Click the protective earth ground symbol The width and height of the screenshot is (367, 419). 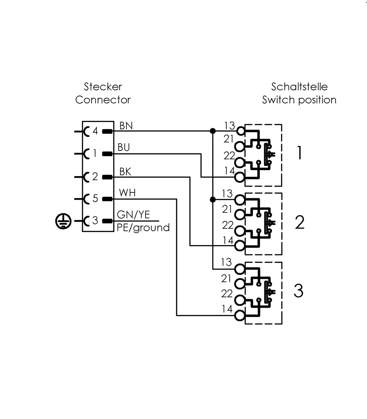(63, 221)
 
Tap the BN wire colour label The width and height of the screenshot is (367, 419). (126, 125)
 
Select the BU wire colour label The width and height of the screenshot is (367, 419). (124, 147)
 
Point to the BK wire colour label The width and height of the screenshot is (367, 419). (125, 172)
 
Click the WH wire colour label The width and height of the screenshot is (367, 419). (127, 193)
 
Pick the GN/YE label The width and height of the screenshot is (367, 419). (133, 215)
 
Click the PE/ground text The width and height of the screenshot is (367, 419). (143, 228)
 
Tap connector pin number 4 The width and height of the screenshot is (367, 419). (95, 131)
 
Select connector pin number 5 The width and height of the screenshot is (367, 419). (95, 198)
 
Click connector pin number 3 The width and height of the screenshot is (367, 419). (95, 220)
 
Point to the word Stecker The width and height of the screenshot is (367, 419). (103, 87)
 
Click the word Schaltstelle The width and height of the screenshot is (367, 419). (299, 87)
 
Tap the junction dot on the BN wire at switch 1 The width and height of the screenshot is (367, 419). (213, 131)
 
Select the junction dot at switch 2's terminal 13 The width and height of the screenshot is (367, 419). (213, 199)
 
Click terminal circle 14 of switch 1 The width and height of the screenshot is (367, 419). (240, 177)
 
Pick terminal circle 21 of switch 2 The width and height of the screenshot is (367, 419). (240, 215)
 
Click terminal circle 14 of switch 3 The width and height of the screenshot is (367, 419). (240, 316)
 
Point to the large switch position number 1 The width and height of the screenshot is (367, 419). (299, 153)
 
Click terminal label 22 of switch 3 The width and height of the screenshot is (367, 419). (227, 294)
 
